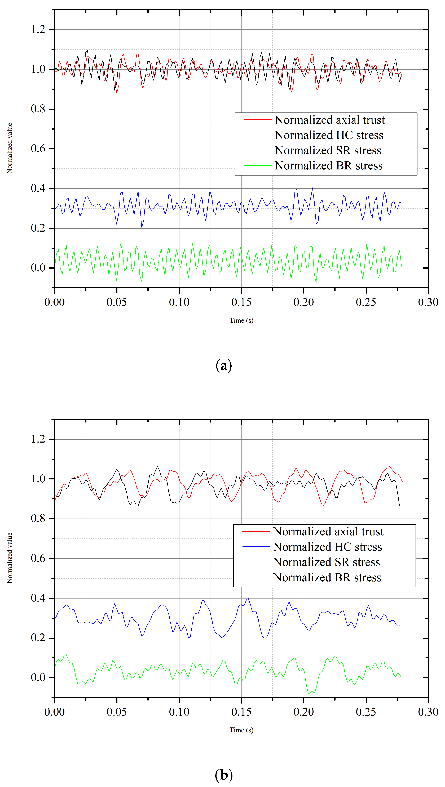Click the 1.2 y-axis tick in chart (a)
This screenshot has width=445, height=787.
[38, 30]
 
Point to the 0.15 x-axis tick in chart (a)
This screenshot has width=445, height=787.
[241, 302]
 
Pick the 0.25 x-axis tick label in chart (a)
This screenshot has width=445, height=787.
[366, 302]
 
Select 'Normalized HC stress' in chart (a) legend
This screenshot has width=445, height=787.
[329, 135]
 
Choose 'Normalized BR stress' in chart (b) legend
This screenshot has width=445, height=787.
[327, 577]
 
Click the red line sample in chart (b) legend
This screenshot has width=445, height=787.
[256, 532]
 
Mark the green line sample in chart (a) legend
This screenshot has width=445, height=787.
[257, 165]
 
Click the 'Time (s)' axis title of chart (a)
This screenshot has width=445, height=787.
[241, 320]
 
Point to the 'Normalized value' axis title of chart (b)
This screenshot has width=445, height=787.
[10, 558]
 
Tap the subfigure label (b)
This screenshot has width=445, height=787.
[224, 775]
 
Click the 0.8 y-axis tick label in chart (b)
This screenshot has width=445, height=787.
[38, 518]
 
